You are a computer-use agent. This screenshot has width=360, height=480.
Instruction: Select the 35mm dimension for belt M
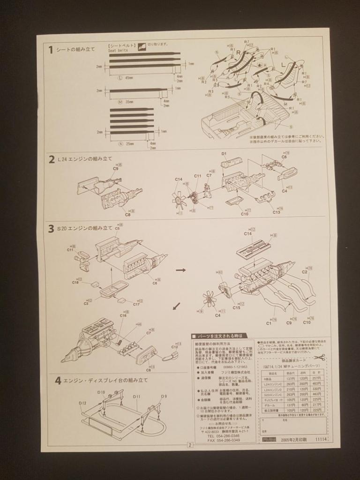coord(129,101)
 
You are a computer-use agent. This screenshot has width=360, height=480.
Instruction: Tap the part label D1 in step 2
coord(224,154)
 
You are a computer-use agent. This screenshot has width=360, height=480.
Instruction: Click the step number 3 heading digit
coord(51,229)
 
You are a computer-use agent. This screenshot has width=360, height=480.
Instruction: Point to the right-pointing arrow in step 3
coord(180,270)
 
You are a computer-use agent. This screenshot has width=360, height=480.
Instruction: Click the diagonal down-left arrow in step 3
coord(176,306)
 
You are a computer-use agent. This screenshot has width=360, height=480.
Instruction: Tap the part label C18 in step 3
coord(75,283)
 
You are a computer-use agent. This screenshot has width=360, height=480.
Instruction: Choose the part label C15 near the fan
coord(236,308)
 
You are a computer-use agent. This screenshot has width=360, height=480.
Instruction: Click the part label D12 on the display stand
coord(83,403)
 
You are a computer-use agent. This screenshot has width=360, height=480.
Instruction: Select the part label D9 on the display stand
coord(164,397)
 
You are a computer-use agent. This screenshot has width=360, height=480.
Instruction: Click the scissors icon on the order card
coord(320,357)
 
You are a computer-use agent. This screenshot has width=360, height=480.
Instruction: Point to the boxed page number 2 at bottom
coord(190,445)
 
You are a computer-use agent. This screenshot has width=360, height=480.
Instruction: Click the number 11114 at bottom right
coord(321,440)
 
